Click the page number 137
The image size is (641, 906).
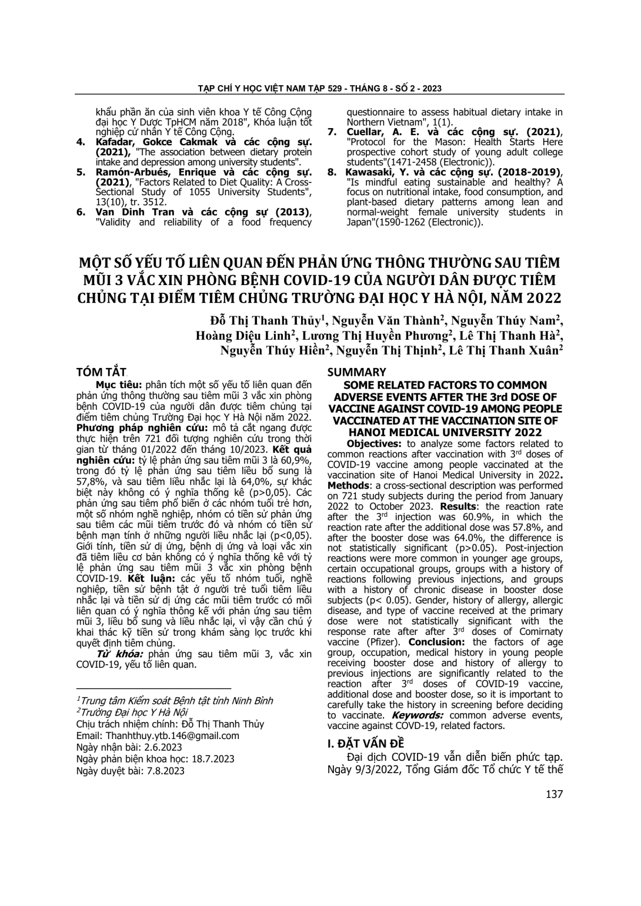coord(554,794)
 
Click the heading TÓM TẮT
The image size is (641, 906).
coord(102,372)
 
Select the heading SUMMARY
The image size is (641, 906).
coord(356,372)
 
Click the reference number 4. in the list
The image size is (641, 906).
coord(81,142)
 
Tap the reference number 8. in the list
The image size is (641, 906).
coord(332,172)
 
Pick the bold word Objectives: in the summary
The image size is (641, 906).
coord(372,444)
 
